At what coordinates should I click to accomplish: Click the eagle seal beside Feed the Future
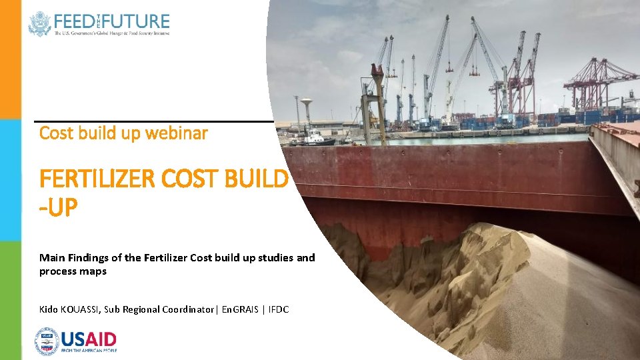click(x=39, y=24)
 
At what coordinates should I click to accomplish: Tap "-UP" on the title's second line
click(x=59, y=209)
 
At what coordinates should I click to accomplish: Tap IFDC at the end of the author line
click(x=279, y=309)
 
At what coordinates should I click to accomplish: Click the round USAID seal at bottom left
click(x=47, y=341)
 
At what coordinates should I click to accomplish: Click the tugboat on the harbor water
click(x=313, y=139)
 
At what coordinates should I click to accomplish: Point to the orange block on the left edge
click(x=10, y=60)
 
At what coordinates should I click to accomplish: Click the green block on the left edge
click(x=10, y=300)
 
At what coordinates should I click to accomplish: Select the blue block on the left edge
click(x=10, y=180)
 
